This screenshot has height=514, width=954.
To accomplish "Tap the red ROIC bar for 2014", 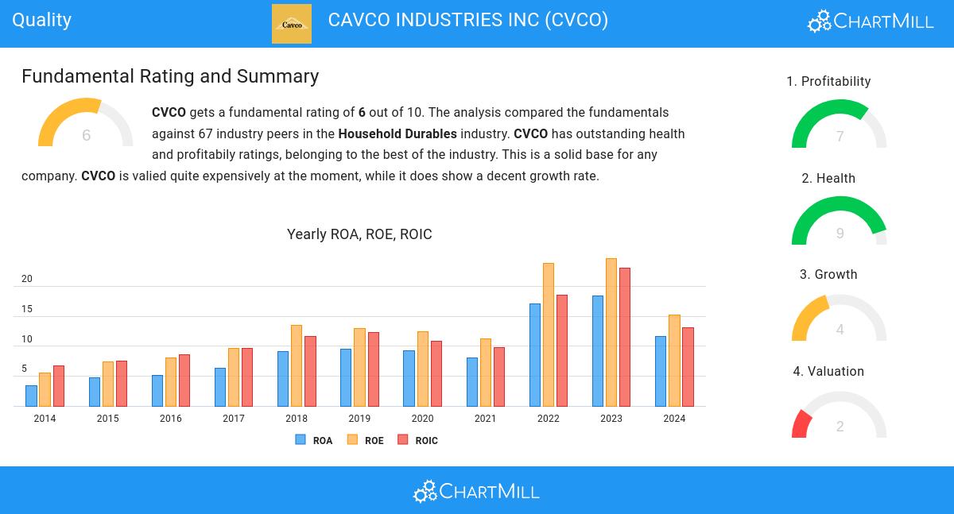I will coord(59,386).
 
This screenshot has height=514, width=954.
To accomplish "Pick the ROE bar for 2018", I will coord(297,365).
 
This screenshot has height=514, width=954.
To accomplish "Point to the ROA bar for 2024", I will coord(661,371).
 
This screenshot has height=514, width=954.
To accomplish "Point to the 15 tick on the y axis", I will coord(27,309).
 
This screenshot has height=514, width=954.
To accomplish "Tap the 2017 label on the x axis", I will coord(234,419).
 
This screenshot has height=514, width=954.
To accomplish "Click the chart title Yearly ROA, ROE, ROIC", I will coord(359,234).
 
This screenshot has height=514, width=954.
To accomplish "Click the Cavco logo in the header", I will coord(292,24).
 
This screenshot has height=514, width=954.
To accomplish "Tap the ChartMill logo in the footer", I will coord(476,491).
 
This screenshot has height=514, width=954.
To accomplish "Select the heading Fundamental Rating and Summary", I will coord(170,76).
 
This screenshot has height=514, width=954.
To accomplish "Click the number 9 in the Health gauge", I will coord(840,234).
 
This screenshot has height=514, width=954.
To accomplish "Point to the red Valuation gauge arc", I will coord(800,424).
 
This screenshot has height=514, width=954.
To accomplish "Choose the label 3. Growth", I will coord(828,275).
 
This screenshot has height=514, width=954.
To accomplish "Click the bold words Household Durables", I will coord(397,133).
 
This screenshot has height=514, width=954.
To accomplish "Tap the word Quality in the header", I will coord(42,20).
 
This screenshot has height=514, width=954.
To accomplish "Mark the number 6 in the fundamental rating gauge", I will coord(86,136).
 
